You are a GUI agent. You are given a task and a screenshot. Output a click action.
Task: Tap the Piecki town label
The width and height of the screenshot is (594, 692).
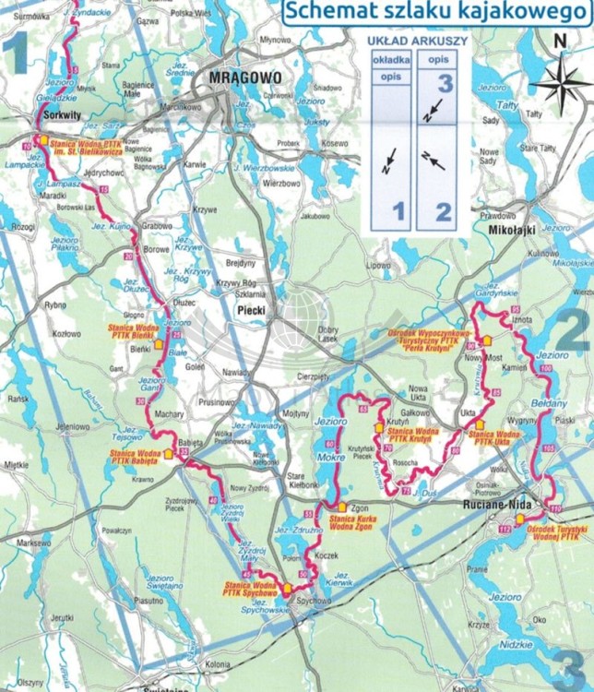click(249, 311)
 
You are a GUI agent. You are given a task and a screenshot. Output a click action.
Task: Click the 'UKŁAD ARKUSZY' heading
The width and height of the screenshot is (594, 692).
click(418, 42)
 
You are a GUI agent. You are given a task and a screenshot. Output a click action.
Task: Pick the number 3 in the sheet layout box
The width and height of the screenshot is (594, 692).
click(446, 82)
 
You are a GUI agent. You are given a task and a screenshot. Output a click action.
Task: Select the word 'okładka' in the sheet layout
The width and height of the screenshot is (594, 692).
click(389, 58)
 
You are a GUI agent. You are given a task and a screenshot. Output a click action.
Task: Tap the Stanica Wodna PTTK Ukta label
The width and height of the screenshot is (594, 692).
click(496, 435)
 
